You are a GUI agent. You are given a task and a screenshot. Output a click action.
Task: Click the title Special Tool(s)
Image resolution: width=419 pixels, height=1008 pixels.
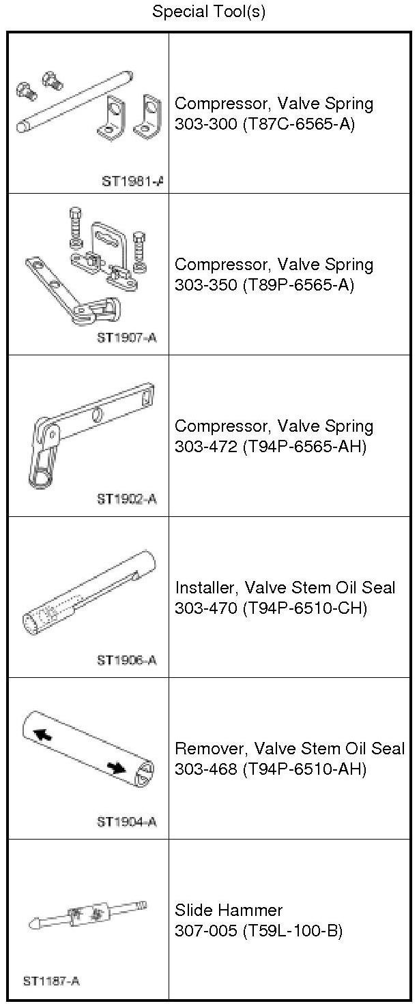(x=209, y=12)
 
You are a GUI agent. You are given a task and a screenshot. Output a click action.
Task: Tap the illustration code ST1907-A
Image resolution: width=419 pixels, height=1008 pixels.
(x=127, y=338)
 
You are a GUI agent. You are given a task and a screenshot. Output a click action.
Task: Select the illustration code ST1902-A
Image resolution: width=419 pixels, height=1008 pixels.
(x=127, y=499)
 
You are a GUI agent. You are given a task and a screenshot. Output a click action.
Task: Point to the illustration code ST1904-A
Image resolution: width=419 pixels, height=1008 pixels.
(x=127, y=822)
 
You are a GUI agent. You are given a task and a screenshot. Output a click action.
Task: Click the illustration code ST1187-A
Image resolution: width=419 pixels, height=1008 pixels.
(x=51, y=981)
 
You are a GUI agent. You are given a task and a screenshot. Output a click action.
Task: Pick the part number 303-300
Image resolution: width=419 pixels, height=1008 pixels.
(x=205, y=123)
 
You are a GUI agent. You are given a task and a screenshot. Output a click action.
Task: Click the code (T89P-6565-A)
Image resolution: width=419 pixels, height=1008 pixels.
(x=298, y=285)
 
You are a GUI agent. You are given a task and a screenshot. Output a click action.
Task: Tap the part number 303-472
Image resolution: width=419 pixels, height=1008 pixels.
(x=205, y=447)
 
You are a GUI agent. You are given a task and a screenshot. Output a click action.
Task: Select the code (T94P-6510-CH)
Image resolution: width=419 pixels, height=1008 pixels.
(x=304, y=608)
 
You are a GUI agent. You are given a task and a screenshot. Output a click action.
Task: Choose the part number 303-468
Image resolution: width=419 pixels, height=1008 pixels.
(x=205, y=769)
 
